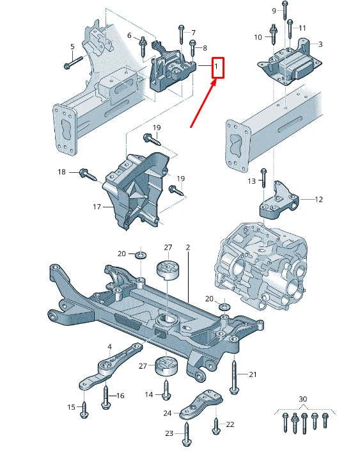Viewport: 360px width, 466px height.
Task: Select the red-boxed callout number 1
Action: coord(217,67)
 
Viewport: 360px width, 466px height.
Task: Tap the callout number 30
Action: coord(302,399)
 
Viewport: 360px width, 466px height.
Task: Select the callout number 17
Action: coord(97,207)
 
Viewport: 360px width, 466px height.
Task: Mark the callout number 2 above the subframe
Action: coord(188,247)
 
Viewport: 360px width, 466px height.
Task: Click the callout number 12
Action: coord(318,200)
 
